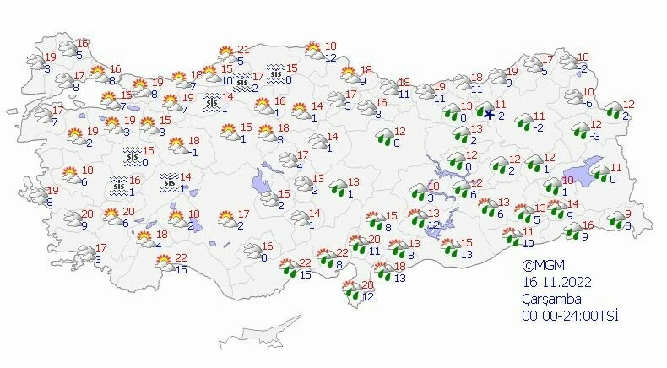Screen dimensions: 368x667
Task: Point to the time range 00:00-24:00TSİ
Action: (570, 316)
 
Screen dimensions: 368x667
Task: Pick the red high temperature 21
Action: (243, 50)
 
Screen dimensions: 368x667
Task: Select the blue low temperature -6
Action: (589, 103)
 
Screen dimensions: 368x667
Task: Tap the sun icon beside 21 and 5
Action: (225, 54)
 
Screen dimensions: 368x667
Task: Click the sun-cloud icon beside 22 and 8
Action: (325, 257)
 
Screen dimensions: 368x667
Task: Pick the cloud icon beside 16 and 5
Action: (66, 49)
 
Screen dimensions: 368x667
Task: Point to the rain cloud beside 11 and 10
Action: (510, 237)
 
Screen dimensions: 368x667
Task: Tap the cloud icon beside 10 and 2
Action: (568, 62)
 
